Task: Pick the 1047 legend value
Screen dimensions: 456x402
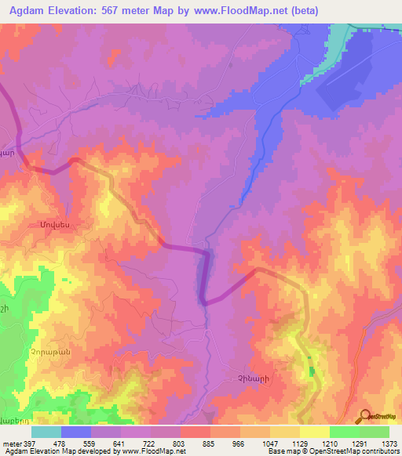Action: pos(269,444)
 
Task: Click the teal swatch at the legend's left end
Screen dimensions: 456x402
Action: pos(46,432)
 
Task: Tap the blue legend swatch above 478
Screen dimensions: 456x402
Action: pos(76,432)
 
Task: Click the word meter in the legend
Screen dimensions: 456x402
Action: pos(11,444)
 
